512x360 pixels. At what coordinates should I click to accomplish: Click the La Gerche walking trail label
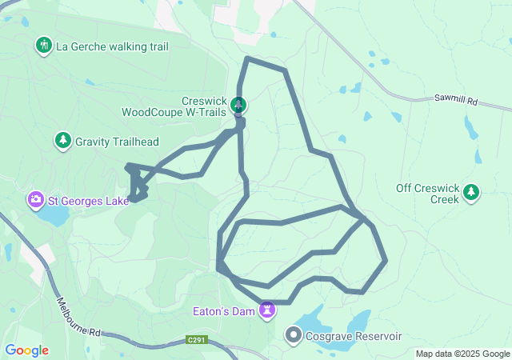112,46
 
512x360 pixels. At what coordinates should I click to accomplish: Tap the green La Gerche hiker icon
43,46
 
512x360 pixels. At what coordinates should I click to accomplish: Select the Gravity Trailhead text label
117,142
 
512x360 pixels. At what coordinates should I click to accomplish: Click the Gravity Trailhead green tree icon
62,141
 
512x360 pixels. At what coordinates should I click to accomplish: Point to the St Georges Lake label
88,200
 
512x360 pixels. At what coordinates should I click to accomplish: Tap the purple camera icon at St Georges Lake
36,199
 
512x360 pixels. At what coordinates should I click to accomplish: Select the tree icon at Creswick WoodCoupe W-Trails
238,105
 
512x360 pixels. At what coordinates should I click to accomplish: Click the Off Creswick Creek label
428,194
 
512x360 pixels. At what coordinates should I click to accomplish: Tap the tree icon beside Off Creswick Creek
472,192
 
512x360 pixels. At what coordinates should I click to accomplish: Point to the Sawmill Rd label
457,102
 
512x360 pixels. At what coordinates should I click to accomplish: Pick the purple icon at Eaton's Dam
267,309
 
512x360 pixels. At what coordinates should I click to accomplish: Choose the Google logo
26,350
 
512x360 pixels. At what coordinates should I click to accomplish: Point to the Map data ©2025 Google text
462,354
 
